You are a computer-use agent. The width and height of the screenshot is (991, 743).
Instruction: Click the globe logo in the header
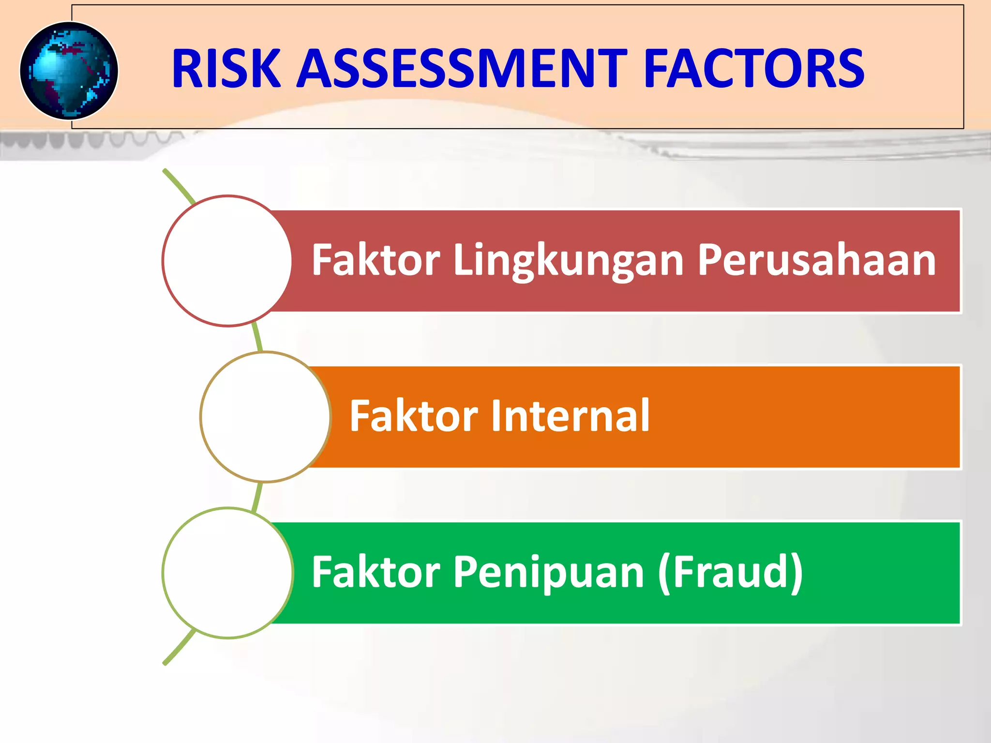(69, 71)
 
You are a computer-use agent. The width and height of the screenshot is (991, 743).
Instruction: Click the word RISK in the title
(226, 69)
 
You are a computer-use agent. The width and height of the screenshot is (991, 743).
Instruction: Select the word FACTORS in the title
(753, 69)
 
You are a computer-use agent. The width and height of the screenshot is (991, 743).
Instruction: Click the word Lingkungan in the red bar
(568, 261)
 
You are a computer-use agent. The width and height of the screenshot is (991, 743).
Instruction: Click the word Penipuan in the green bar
(548, 572)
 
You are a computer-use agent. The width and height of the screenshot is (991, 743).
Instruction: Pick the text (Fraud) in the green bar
(730, 572)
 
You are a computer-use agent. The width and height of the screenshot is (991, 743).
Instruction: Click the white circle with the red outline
(227, 261)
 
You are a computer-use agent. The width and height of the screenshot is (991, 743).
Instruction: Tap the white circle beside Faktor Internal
(265, 417)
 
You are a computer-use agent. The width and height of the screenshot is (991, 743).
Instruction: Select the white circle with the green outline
(227, 573)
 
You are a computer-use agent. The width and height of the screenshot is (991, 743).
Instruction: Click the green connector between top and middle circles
(258, 338)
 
